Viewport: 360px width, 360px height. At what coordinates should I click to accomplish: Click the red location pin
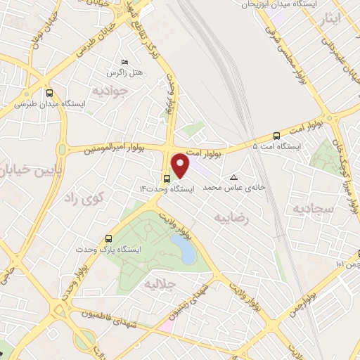tap(181, 165)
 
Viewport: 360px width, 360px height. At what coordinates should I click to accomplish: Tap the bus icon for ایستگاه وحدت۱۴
tap(166, 178)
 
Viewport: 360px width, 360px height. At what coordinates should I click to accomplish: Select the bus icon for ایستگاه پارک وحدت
tap(108, 238)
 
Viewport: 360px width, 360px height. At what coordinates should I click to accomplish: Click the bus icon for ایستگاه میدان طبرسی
tap(49, 93)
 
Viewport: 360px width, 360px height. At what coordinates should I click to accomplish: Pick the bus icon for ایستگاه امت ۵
tap(276, 136)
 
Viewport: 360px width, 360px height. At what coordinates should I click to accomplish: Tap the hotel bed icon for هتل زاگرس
tap(124, 63)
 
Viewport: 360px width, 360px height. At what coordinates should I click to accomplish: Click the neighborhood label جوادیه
tap(113, 91)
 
